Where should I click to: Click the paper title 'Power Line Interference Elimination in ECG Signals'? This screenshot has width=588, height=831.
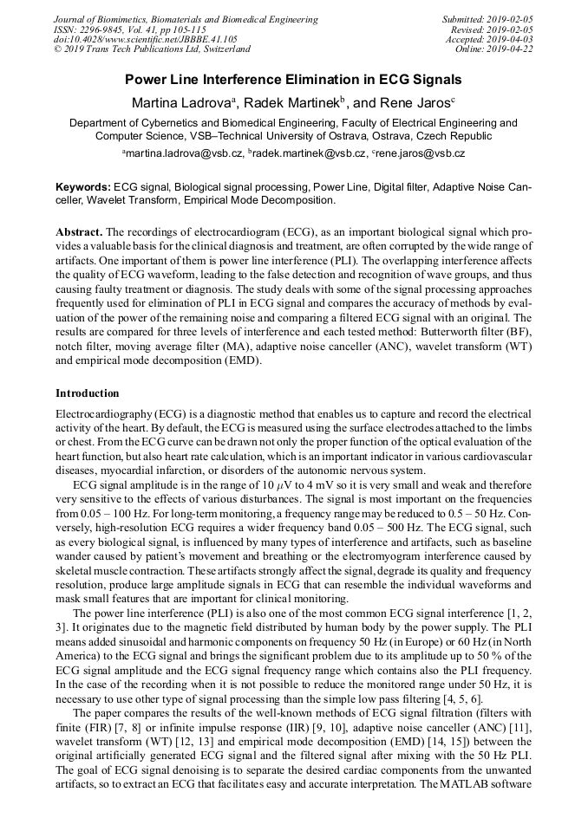[x=293, y=81]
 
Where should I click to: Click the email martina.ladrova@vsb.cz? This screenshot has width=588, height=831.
[x=184, y=153]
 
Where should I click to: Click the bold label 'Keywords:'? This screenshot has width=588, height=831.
[x=83, y=187]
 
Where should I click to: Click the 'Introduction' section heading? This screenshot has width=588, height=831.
[x=88, y=393]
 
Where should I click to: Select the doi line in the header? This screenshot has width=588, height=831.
[x=145, y=41]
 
